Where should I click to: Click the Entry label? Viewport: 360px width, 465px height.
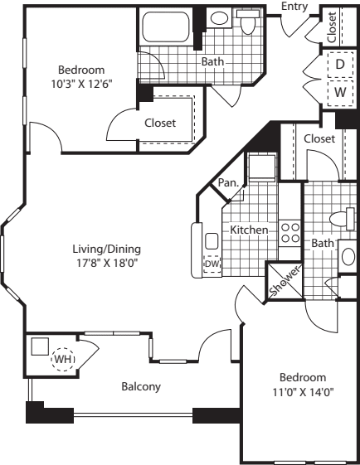294,7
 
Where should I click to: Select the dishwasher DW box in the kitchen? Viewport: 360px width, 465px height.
212,264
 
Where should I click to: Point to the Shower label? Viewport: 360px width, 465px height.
277,280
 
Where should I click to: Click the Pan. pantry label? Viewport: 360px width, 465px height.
227,183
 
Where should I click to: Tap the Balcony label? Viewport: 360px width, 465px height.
141,386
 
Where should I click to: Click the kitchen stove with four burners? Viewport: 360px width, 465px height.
290,231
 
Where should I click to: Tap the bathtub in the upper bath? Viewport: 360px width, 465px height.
167,30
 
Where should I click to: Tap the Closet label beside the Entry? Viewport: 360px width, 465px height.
332,27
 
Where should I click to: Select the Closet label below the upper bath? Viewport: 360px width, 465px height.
160,123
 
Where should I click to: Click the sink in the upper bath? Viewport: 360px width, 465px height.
219,17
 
